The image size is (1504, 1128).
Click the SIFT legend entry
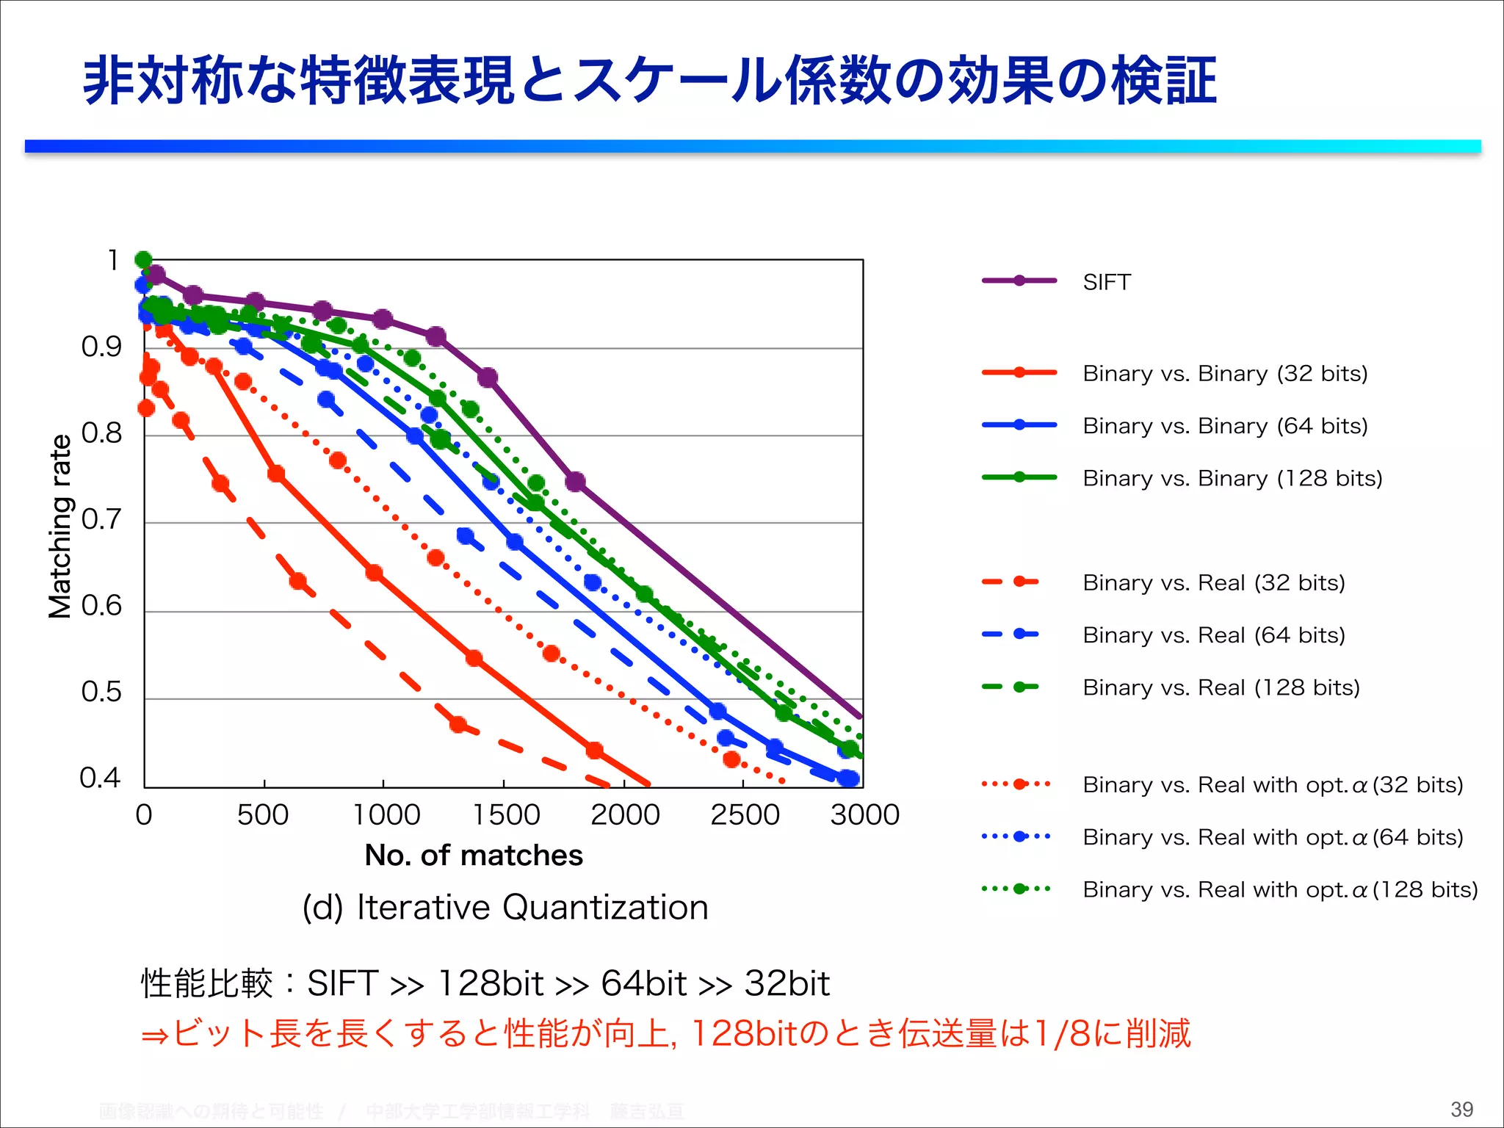pos(1106,282)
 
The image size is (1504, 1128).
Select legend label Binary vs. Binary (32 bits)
pos(1225,374)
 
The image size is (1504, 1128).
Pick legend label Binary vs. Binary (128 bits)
pos(1232,479)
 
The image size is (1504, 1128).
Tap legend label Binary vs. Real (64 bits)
pos(1213,635)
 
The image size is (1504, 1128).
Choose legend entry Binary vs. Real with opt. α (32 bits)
pos(1273,785)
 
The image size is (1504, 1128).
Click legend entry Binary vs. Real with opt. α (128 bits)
pos(1280,890)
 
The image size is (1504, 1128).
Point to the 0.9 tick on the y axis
pos(101,347)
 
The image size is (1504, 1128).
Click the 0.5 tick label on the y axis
pos(101,692)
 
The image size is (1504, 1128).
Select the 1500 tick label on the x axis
pos(506,815)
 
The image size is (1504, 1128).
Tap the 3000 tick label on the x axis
pos(864,815)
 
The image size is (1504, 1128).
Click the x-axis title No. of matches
pos(474,856)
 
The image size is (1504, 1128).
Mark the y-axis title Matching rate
pos(60,526)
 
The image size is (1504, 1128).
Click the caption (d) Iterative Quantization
pos(505,908)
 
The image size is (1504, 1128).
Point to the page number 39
pos(1461,1109)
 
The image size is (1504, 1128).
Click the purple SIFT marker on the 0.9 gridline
pos(436,337)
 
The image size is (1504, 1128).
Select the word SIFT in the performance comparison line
pos(342,983)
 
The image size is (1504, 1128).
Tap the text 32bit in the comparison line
pos(787,983)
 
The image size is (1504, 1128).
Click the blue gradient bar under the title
pos(752,146)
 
